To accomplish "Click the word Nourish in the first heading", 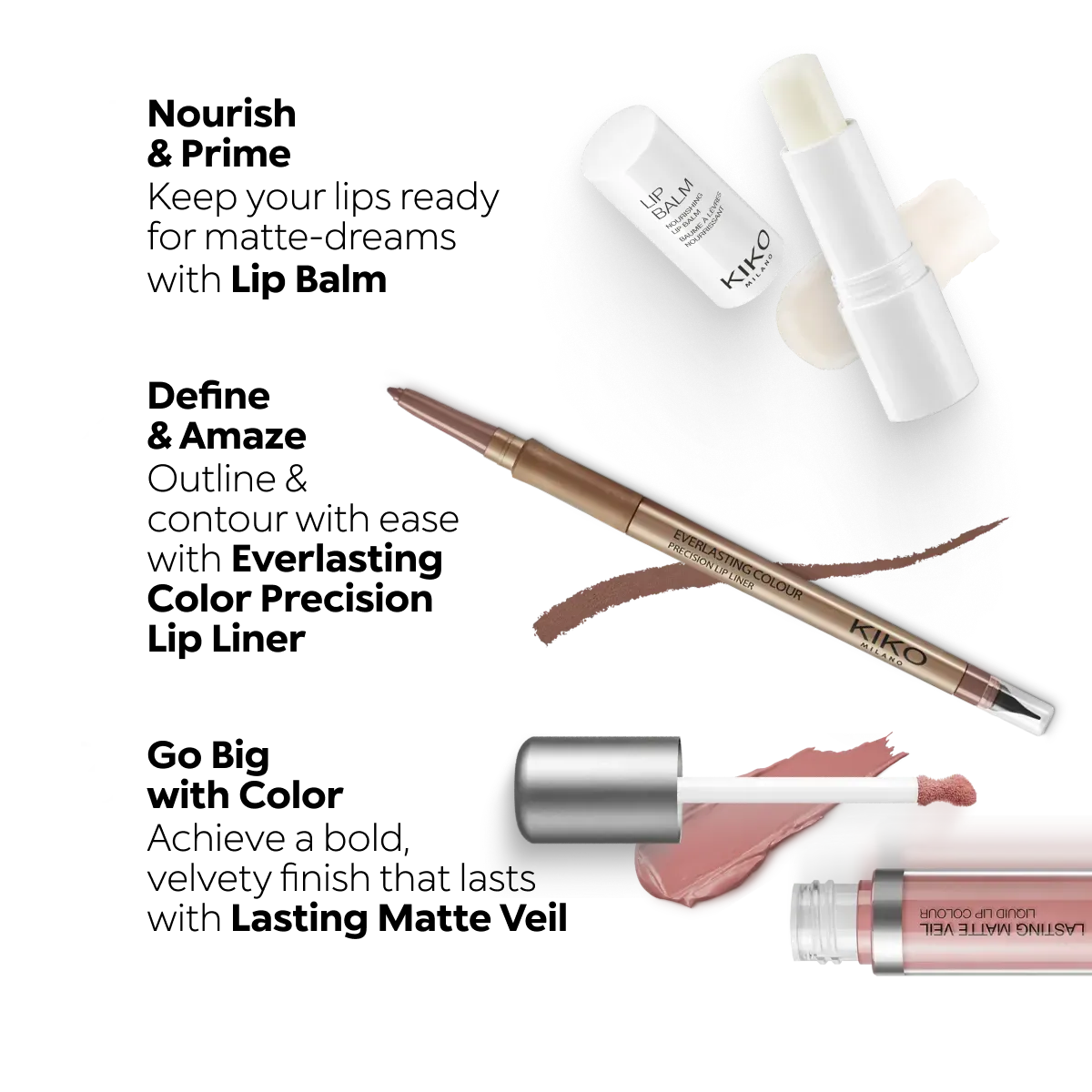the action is pos(221,114).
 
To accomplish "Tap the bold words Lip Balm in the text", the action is pos(308,280).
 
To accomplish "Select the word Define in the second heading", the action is pos(208,396).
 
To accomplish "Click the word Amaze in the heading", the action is pos(243,436).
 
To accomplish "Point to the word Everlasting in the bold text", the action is pos(338,560).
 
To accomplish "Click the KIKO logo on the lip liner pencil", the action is pos(888,642).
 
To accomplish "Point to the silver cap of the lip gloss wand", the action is pos(599,789).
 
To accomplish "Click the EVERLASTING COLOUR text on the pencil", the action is pos(737,563).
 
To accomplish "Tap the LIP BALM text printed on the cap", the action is pos(666,199).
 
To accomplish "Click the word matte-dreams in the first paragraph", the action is pos(330,238).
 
